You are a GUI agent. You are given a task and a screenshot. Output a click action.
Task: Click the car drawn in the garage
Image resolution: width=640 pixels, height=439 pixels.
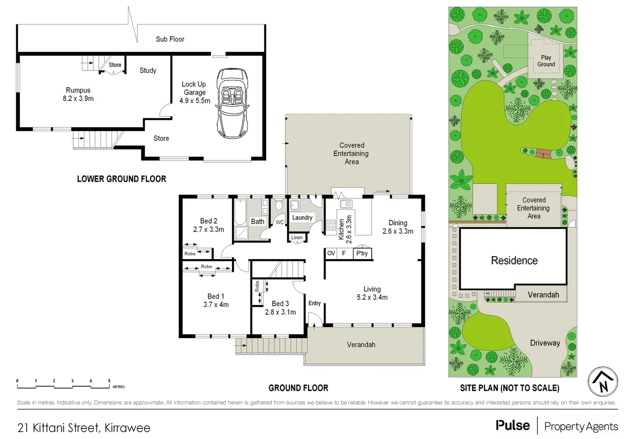(232, 103)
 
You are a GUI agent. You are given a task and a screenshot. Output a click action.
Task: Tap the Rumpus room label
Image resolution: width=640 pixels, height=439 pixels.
(78, 90)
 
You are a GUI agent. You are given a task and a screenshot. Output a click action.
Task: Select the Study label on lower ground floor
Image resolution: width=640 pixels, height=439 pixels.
(148, 71)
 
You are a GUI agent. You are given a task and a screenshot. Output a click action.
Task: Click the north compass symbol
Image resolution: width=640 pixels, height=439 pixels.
(603, 382)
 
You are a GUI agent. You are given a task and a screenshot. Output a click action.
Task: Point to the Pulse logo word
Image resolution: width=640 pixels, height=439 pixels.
(512, 426)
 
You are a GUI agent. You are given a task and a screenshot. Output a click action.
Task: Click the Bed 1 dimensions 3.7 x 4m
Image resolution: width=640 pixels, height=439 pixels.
(216, 305)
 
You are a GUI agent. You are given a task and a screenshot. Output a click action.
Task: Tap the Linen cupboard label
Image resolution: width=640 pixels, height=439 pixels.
(297, 237)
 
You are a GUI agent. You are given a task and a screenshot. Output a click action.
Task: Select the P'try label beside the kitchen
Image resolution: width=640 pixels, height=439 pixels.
(362, 253)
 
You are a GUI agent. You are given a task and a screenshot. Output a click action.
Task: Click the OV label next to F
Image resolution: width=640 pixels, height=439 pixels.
(331, 253)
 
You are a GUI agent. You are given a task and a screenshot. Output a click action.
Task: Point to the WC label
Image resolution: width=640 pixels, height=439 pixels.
(280, 222)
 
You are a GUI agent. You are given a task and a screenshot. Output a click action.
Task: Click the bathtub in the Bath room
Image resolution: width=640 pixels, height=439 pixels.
(240, 212)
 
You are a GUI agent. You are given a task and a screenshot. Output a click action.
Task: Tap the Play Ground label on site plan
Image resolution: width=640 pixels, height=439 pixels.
(546, 61)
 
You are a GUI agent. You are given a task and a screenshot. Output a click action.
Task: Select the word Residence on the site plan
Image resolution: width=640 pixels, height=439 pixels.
(514, 261)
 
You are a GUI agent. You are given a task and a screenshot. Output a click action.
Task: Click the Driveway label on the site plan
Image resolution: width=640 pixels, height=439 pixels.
(545, 343)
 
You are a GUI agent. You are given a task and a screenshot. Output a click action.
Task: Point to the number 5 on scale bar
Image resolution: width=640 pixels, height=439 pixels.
(109, 381)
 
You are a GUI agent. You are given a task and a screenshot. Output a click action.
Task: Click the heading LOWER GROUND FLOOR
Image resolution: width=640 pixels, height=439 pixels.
(121, 179)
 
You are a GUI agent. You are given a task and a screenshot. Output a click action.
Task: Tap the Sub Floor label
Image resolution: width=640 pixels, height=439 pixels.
(170, 39)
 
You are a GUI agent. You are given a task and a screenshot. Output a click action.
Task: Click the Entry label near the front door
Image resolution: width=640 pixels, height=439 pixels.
(315, 303)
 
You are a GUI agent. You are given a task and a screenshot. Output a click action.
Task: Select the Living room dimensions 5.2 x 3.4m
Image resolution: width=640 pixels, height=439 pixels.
(372, 298)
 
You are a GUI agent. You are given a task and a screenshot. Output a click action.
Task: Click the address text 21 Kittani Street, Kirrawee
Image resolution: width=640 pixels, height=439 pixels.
(84, 428)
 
